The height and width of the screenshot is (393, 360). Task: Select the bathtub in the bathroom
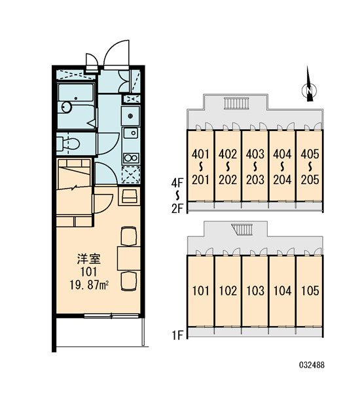click(76, 92)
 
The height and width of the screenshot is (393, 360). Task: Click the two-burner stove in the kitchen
click(131, 158)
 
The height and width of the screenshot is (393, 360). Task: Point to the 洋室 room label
click(88, 259)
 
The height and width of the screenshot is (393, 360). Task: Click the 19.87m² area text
click(89, 285)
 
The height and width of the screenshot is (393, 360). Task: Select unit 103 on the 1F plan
click(255, 291)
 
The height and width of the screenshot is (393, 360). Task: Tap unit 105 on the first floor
click(310, 291)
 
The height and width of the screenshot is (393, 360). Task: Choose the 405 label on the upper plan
click(310, 154)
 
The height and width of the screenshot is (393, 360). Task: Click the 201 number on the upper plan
click(200, 179)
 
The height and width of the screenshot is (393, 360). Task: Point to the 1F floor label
click(177, 335)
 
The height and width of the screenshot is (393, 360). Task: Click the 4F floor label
click(177, 183)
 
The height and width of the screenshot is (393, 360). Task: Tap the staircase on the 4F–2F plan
click(236, 103)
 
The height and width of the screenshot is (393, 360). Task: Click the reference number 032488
click(312, 365)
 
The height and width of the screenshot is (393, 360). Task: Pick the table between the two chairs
click(129, 259)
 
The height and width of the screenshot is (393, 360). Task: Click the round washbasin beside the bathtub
click(66, 107)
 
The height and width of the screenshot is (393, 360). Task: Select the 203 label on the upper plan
click(255, 179)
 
